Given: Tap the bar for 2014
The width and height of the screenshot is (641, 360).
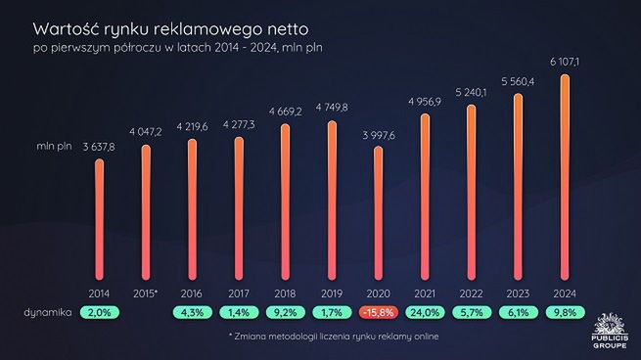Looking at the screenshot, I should (99, 220).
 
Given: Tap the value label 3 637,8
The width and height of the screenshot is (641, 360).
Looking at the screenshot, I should (99, 146).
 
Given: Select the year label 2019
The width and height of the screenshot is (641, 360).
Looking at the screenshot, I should (333, 292).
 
